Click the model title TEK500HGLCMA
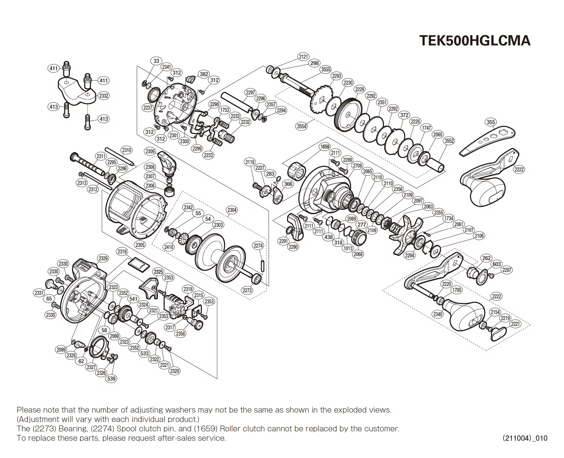pyautogui.click(x=475, y=41)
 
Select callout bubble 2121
pyautogui.click(x=303, y=57)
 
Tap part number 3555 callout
pyautogui.click(x=326, y=70)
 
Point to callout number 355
pyautogui.click(x=491, y=122)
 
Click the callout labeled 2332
pyautogui.click(x=104, y=96)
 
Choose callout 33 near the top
pyautogui.click(x=156, y=61)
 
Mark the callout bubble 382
pyautogui.click(x=204, y=74)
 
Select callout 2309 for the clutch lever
pyautogui.click(x=150, y=151)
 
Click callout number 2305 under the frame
pyautogui.click(x=140, y=245)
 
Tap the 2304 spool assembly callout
pyautogui.click(x=232, y=210)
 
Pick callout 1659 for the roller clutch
pyautogui.click(x=325, y=147)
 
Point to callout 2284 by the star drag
pyautogui.click(x=409, y=255)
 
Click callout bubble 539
pyautogui.click(x=111, y=378)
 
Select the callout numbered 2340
pyautogui.click(x=438, y=314)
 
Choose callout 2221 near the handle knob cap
pyautogui.click(x=515, y=324)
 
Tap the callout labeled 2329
pyautogui.click(x=103, y=258)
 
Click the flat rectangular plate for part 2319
pyautogui.click(x=138, y=265)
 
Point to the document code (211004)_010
pyautogui.click(x=525, y=438)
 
